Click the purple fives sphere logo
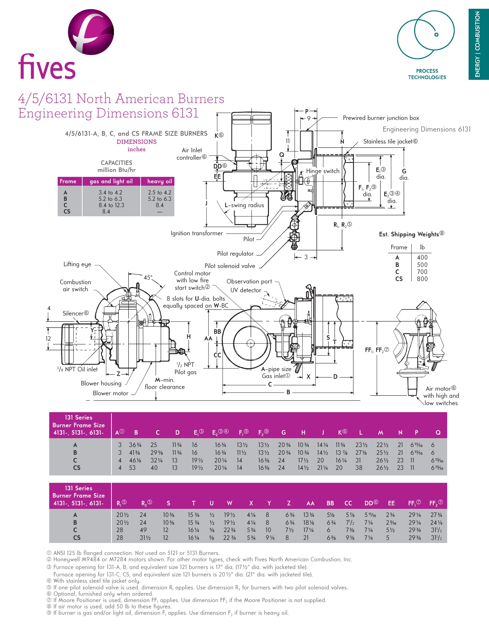[x=91, y=32]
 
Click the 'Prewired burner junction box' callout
[x=381, y=118]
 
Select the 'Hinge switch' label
[x=322, y=171]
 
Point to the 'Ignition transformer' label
[x=197, y=233]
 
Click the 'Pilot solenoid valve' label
[x=230, y=266]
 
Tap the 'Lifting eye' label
[x=77, y=264]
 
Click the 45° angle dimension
[x=148, y=277]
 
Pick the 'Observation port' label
[x=249, y=281]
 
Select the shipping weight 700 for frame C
[x=422, y=272]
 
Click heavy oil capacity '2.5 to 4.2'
[x=159, y=192]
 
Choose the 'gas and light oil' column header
[x=111, y=181]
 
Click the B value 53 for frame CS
[x=132, y=468]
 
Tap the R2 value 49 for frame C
[x=143, y=530]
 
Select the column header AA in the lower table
[x=310, y=503]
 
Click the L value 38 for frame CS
[x=359, y=468]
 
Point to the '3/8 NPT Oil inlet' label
[x=77, y=369]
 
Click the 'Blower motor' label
[x=110, y=393]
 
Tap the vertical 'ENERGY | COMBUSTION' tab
[x=478, y=44]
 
